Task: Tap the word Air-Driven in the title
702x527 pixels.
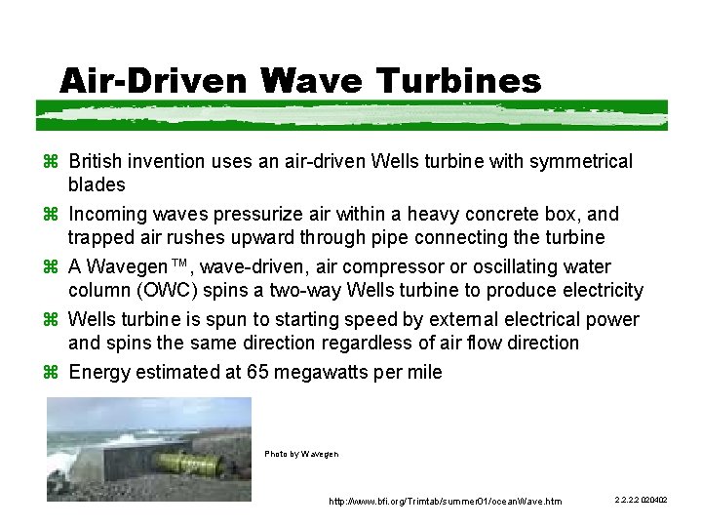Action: click(x=154, y=80)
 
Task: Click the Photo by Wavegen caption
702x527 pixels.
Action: click(x=301, y=454)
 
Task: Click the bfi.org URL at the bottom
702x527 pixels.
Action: click(x=446, y=502)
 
